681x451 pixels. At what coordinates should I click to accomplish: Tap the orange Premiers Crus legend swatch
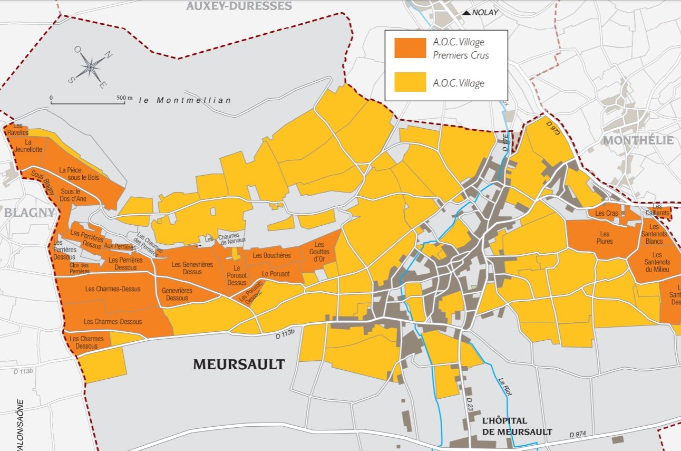[x=410, y=48]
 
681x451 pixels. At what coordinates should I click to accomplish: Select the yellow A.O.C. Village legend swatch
[x=410, y=82]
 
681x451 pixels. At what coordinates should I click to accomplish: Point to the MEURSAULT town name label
[x=239, y=364]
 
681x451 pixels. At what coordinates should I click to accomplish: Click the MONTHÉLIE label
[x=638, y=140]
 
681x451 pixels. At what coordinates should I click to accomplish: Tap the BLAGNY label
[x=29, y=213]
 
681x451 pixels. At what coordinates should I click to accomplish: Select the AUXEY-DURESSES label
[x=239, y=6]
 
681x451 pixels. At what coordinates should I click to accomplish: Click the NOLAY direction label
[x=484, y=13]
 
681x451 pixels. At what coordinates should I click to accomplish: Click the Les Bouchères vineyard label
[x=271, y=255]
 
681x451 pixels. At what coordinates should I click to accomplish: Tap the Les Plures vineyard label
[x=605, y=238]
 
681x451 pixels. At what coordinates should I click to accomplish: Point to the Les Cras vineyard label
[x=606, y=213]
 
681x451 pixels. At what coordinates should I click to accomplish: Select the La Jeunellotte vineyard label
[x=28, y=146]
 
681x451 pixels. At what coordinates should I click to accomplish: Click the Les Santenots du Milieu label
[x=657, y=262]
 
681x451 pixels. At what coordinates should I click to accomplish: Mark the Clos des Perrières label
[x=80, y=268]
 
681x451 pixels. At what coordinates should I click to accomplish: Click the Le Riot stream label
[x=505, y=386]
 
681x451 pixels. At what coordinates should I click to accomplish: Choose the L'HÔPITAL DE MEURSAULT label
[x=517, y=426]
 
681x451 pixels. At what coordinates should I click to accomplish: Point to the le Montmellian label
[x=185, y=100]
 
